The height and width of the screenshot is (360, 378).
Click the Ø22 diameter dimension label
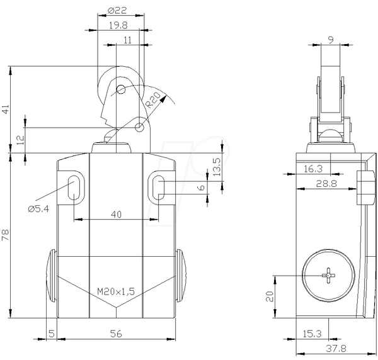(x=117, y=10)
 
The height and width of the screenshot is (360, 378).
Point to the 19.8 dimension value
(x=118, y=25)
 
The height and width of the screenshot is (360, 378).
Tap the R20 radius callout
(x=153, y=99)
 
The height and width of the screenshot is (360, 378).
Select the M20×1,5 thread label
(x=116, y=291)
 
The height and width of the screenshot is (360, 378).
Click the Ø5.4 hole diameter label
(x=38, y=208)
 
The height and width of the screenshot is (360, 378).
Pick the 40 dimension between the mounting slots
(x=116, y=214)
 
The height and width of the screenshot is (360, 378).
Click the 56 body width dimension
(x=116, y=334)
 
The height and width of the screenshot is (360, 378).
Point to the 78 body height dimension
(x=5, y=235)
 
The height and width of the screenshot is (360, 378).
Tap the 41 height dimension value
(x=5, y=109)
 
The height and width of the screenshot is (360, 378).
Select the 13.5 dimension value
(x=217, y=167)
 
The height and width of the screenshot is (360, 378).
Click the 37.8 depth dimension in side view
(x=336, y=348)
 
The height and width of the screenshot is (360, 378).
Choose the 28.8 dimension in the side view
(x=326, y=184)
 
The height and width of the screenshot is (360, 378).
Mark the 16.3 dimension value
(x=313, y=169)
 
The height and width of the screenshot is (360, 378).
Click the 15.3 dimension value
(x=312, y=334)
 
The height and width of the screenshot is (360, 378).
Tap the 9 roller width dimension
(x=331, y=40)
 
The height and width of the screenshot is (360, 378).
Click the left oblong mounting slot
(x=74, y=188)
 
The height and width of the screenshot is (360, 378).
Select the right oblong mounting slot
(x=159, y=188)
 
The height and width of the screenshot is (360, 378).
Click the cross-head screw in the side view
(x=329, y=276)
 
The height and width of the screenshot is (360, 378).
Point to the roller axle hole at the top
(x=120, y=89)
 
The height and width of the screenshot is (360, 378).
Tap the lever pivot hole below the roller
(x=139, y=127)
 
